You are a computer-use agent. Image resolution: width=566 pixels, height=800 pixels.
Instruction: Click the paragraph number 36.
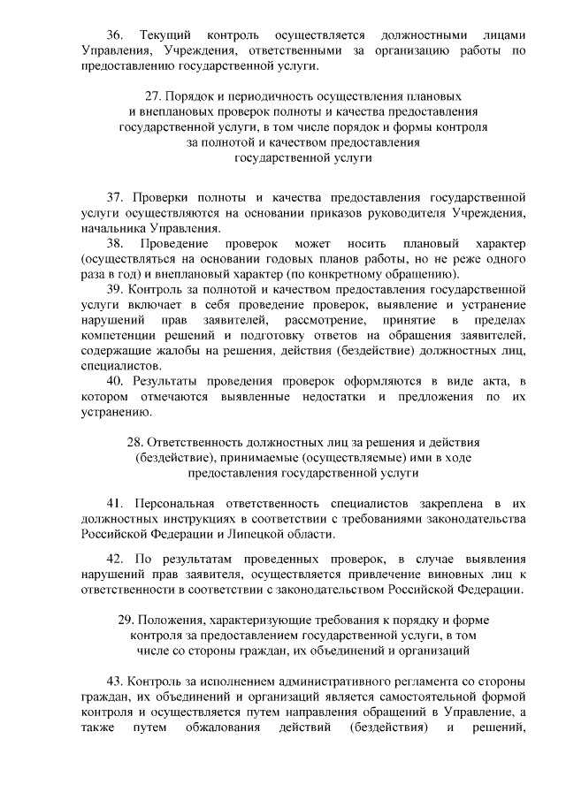(115, 34)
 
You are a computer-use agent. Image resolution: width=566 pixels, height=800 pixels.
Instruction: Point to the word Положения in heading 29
(166, 620)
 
